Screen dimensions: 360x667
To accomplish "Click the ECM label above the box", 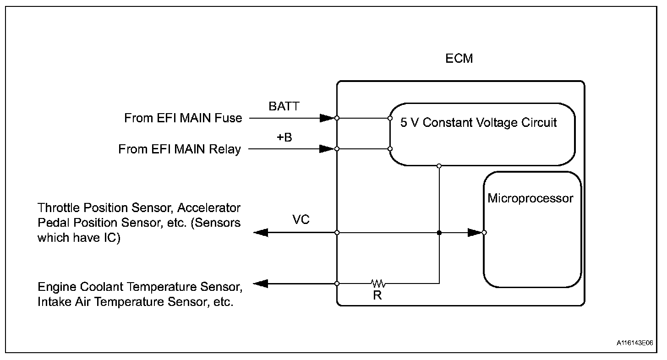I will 459,59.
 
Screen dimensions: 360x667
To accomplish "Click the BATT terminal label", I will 284,107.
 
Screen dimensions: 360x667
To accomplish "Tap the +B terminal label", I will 284,137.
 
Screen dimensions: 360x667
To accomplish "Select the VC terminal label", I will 301,220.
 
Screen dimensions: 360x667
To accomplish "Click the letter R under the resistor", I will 377,295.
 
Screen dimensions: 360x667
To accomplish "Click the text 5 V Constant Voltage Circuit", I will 479,123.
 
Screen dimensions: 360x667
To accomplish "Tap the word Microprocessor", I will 530,198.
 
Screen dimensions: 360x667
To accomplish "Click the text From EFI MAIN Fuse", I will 183,118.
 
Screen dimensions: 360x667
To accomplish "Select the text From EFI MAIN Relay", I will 180,149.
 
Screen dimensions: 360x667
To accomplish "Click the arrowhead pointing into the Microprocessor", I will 475,233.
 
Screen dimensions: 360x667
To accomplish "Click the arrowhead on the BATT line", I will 327,118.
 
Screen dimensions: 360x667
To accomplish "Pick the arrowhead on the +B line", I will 327,149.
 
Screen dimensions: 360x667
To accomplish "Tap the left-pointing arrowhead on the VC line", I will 261,233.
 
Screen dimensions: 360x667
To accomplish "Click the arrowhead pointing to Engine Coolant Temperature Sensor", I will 261,284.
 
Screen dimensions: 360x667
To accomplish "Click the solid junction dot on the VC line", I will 439,233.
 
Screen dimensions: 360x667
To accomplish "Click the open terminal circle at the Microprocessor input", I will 484,233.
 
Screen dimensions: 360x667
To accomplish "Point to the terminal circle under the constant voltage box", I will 439,165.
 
